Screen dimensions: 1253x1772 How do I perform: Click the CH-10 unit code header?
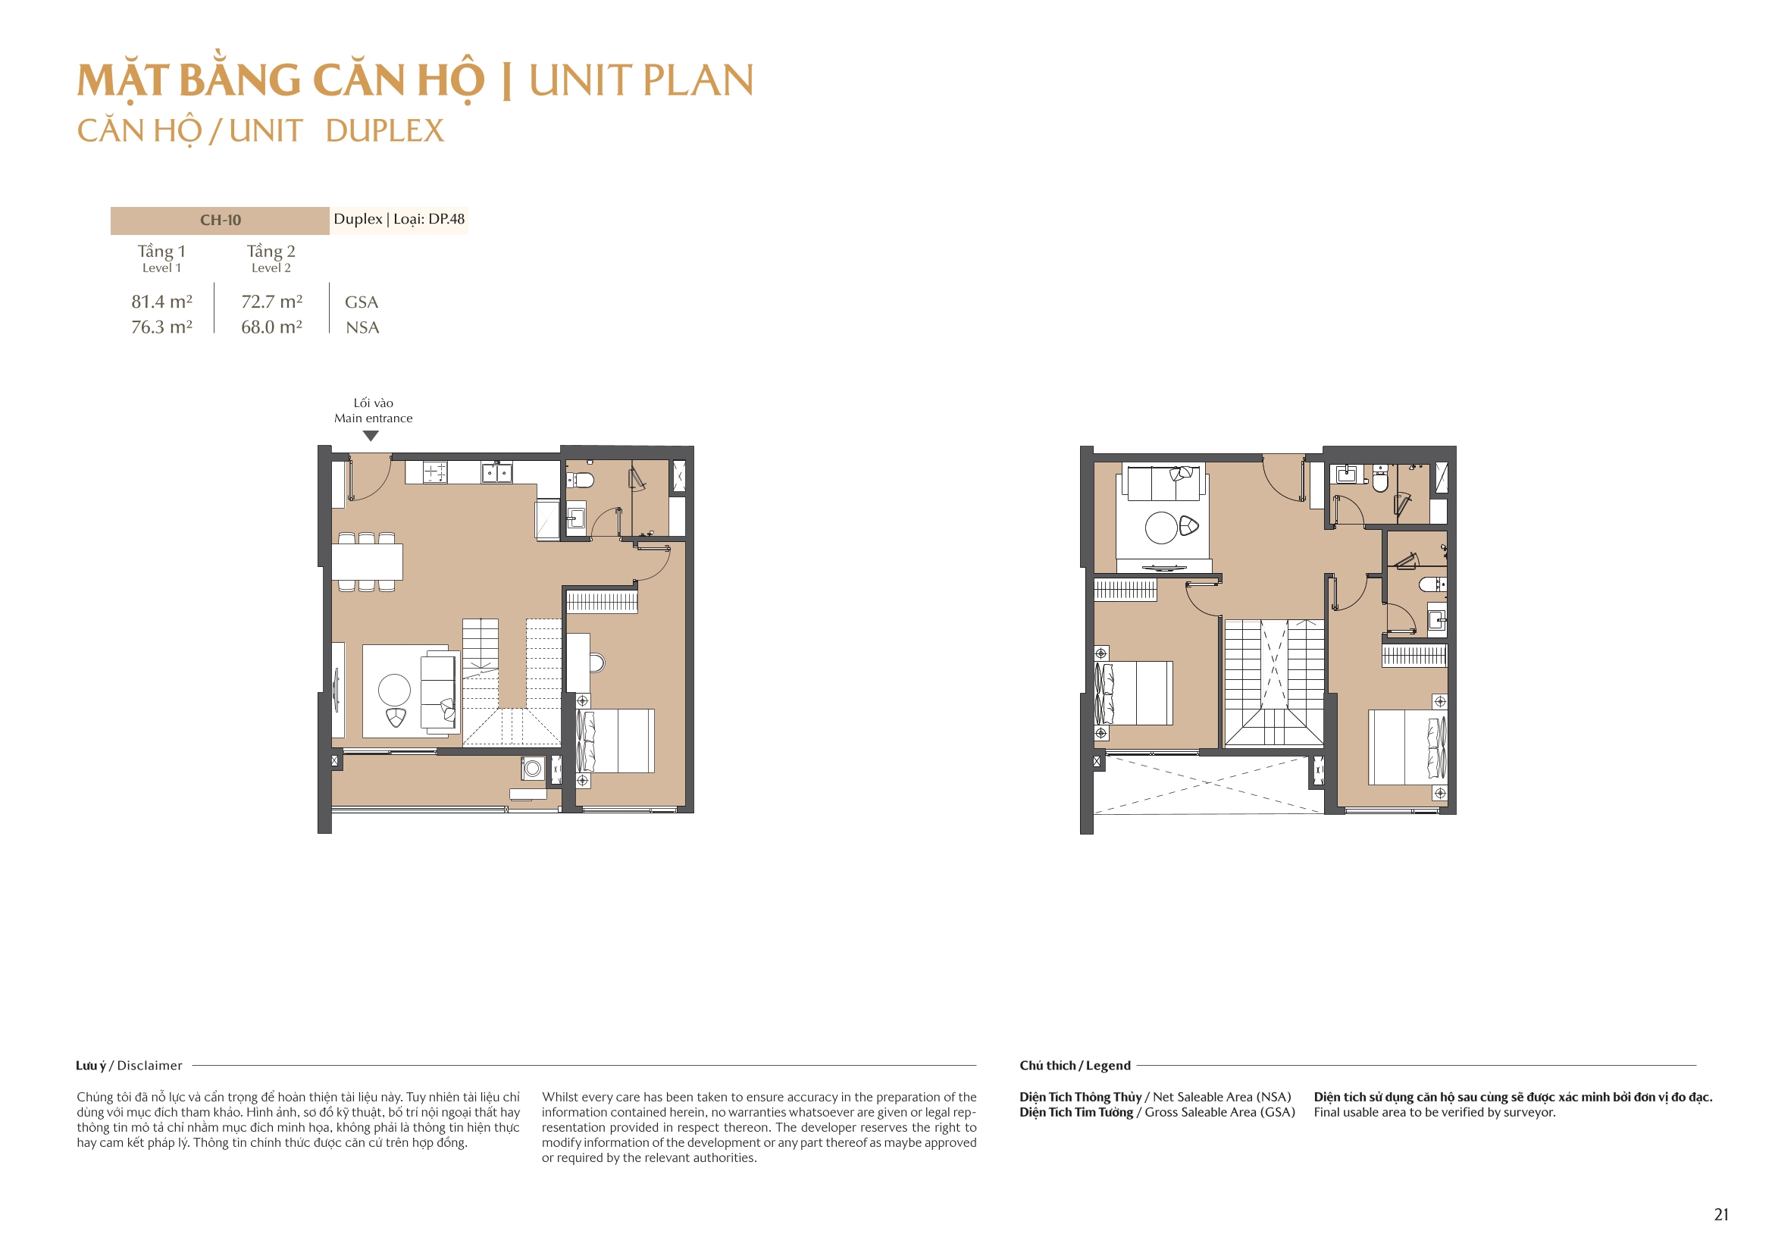pos(220,220)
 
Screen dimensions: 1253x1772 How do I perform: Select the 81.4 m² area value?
pos(161,301)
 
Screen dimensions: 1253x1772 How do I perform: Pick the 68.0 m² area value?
pos(271,327)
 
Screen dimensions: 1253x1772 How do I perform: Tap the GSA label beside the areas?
pos(362,302)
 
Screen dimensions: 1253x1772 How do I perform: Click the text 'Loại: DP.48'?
pos(429,218)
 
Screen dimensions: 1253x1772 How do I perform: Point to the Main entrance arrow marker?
pos(371,436)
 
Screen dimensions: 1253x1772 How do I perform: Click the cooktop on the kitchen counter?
pos(435,471)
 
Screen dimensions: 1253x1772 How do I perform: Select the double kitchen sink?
pos(496,471)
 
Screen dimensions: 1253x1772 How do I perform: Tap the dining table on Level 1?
pos(367,562)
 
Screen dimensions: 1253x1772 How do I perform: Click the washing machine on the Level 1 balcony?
pos(533,768)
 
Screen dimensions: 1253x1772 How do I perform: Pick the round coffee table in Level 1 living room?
pos(394,690)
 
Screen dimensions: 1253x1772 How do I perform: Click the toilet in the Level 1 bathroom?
pos(582,480)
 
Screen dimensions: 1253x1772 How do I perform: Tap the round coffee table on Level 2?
pos(1161,528)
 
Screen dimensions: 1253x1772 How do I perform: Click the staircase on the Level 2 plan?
pos(1273,683)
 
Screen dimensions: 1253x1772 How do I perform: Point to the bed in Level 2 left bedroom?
pos(1138,693)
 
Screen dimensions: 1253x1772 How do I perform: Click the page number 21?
pos(1720,1214)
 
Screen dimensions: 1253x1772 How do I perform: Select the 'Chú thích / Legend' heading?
pos(1074,1066)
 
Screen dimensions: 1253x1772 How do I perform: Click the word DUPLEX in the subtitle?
pos(384,130)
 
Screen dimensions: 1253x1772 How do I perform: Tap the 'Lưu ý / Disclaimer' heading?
pos(129,1066)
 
